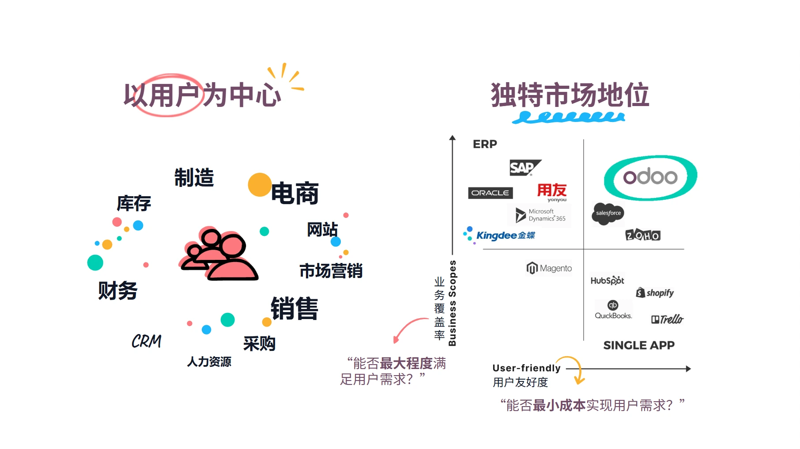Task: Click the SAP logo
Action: [x=525, y=168]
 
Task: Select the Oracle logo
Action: [x=490, y=193]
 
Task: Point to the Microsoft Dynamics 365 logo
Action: [x=540, y=215]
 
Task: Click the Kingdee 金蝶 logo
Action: [x=499, y=235]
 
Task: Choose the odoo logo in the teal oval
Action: [x=650, y=178]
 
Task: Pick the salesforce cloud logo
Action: [x=608, y=213]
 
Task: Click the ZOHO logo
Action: [x=643, y=235]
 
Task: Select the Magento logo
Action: [x=549, y=268]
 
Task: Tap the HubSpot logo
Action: [x=608, y=281]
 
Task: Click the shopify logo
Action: [x=655, y=293]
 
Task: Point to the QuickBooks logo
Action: [x=613, y=310]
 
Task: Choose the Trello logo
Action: [x=667, y=319]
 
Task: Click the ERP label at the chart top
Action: [x=485, y=144]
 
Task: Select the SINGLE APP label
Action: [x=639, y=345]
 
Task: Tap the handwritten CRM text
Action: [x=147, y=341]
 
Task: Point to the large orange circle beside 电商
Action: [x=260, y=185]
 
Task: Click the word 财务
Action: [x=118, y=291]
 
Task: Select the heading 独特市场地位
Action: [x=570, y=95]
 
